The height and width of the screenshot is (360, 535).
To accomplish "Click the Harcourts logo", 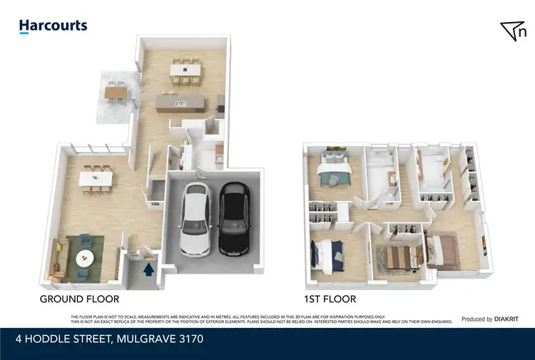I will click(53, 26).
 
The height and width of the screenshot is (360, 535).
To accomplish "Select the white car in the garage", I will click(195, 220).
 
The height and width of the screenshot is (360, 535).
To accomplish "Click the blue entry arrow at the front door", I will click(148, 269).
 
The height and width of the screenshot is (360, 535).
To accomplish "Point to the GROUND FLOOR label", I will click(79, 299).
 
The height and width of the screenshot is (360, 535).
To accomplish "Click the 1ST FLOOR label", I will click(329, 299).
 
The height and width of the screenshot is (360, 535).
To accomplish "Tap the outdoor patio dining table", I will click(115, 91).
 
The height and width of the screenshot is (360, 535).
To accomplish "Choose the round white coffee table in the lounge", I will click(85, 257).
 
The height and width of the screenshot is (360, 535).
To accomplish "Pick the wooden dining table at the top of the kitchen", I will click(184, 70).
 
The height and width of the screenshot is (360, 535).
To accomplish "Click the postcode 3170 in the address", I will click(191, 339).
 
